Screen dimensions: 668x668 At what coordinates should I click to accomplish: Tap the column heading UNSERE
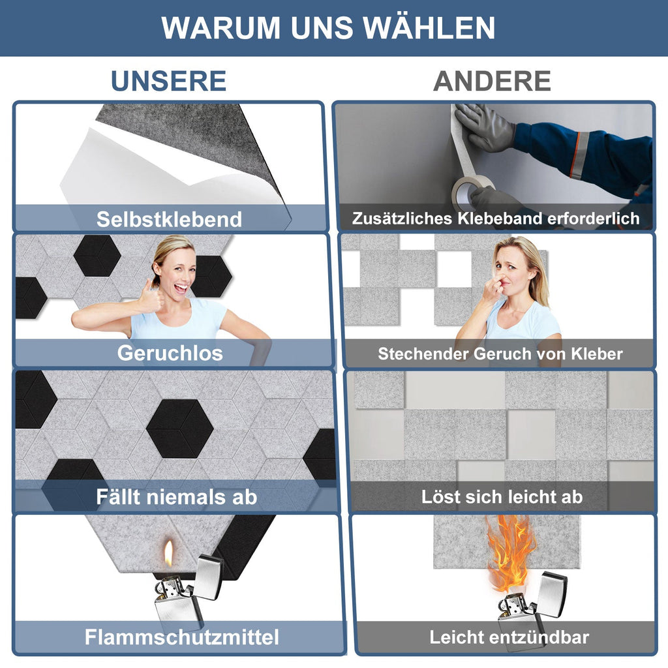168,81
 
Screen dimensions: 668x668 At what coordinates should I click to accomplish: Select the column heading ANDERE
492,81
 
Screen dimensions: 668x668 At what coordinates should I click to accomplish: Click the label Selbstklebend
169,219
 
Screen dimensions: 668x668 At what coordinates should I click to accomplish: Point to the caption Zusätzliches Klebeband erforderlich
496,219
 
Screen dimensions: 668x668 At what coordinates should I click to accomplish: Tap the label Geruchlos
170,354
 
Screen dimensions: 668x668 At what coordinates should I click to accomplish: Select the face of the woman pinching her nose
513,268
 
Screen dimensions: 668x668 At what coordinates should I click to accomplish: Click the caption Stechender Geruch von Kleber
500,354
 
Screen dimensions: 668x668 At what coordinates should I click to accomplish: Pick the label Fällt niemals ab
176,497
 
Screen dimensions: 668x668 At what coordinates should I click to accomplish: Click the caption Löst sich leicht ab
502,497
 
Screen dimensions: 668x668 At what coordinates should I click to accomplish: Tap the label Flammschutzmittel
181,637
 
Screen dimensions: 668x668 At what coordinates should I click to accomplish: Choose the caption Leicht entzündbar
509,637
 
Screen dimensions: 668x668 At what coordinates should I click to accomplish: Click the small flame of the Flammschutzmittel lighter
168,555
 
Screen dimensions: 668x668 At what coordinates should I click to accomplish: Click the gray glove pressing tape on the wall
483,127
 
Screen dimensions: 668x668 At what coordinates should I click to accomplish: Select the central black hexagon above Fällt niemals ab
180,429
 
